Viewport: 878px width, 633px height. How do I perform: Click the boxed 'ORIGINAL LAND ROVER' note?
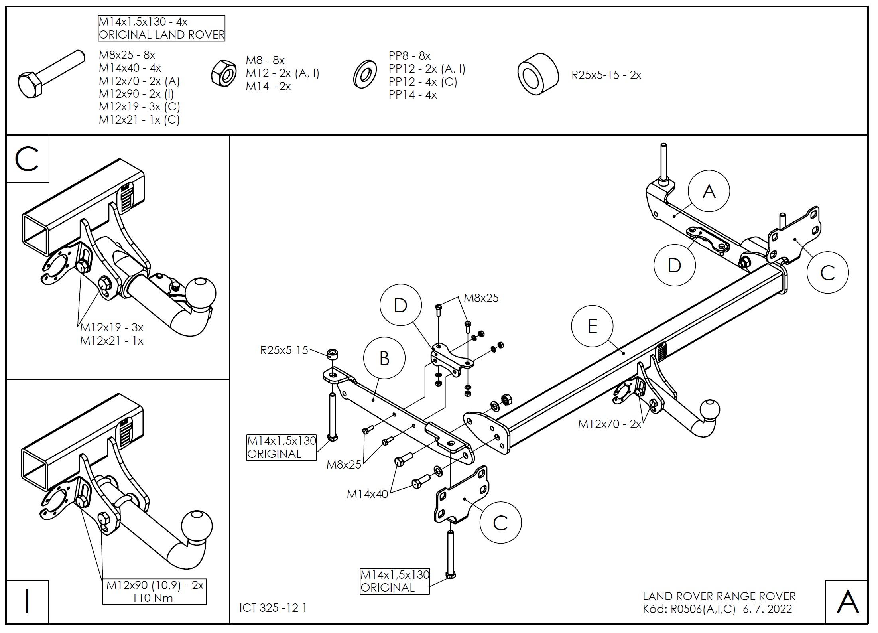click(x=161, y=28)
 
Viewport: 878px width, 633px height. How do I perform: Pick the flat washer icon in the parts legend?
click(x=365, y=74)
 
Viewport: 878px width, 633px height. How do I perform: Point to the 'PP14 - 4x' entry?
click(x=413, y=95)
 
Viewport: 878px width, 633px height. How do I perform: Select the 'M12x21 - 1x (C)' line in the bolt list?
click(x=139, y=120)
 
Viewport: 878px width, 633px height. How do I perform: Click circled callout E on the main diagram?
click(x=592, y=327)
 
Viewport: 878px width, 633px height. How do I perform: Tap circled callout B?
click(x=384, y=358)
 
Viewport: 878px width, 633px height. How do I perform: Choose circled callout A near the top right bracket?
click(x=709, y=191)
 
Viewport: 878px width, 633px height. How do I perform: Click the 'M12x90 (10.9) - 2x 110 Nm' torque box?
click(x=155, y=591)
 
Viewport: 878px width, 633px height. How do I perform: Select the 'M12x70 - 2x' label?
click(x=609, y=424)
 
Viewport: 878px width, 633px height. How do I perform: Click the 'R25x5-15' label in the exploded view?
click(x=284, y=350)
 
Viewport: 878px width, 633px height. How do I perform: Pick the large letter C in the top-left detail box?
click(x=27, y=159)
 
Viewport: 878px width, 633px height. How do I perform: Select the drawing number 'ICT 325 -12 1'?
click(x=273, y=607)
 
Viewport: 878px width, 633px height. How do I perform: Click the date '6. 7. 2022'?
click(x=768, y=609)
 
